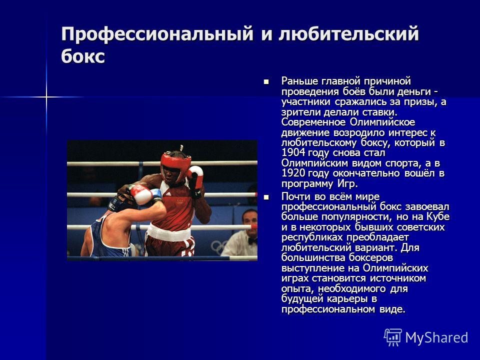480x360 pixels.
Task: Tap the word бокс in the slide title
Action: click(x=83, y=56)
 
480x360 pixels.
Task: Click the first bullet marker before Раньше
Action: click(x=266, y=81)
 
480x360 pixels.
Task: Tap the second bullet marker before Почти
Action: click(x=266, y=197)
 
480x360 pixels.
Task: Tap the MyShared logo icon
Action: click(x=393, y=337)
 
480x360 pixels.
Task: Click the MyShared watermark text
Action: click(x=436, y=338)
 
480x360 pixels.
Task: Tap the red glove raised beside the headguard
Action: click(x=195, y=177)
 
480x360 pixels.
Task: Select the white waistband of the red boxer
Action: click(x=169, y=233)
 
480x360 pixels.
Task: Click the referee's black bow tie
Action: click(x=252, y=240)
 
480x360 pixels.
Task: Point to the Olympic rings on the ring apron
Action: click(x=219, y=246)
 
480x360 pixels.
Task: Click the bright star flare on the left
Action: click(x=46, y=97)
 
